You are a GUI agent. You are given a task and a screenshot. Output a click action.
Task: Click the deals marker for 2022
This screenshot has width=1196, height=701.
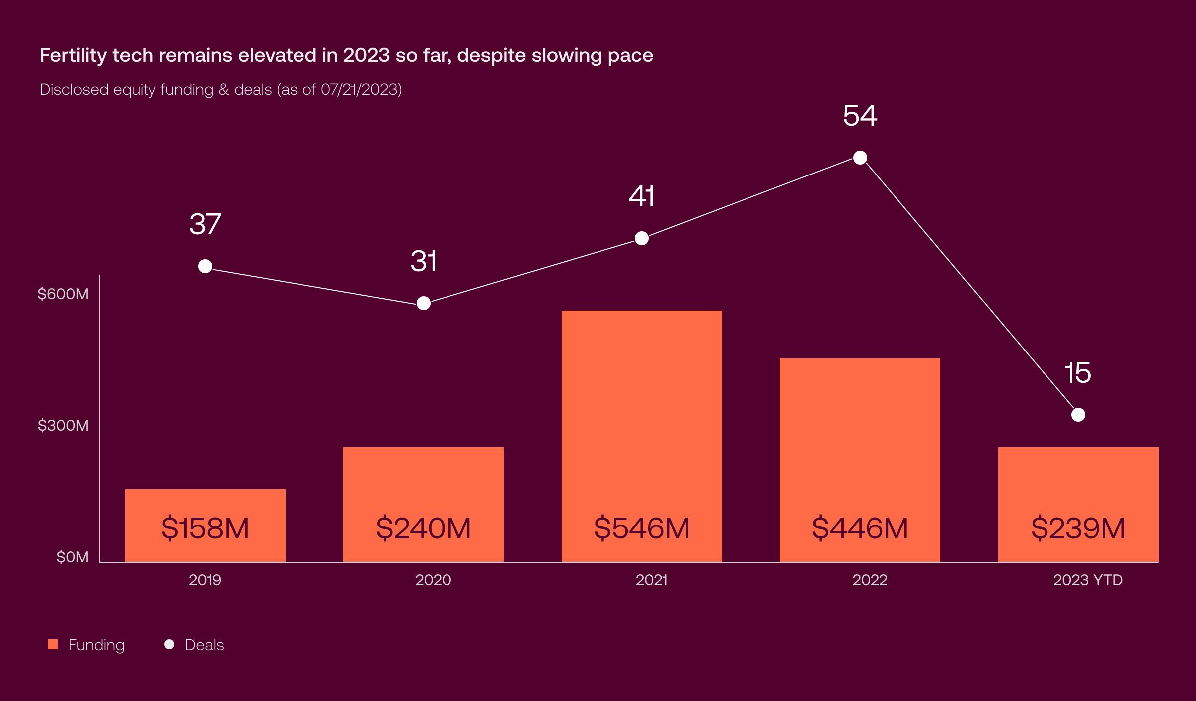click(860, 158)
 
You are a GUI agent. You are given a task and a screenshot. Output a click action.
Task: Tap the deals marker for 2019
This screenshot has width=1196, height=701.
click(205, 266)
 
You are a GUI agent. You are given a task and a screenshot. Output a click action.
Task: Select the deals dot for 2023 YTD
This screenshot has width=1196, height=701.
click(1078, 415)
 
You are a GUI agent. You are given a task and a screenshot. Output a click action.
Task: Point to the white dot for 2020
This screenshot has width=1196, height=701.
click(424, 303)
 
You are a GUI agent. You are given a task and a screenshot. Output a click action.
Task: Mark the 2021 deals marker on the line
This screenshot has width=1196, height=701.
click(642, 238)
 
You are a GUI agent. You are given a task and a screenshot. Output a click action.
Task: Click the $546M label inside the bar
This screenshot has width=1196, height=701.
click(642, 528)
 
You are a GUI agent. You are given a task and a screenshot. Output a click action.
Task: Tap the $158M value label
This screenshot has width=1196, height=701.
click(205, 528)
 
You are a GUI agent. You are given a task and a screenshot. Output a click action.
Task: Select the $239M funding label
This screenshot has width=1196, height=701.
click(1078, 528)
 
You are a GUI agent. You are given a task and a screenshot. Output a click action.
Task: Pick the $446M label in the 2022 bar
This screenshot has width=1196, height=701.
click(860, 528)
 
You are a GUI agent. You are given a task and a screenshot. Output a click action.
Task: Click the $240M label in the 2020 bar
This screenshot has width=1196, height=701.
click(424, 528)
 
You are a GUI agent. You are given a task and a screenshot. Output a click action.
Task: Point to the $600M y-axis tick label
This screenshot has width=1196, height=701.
click(63, 294)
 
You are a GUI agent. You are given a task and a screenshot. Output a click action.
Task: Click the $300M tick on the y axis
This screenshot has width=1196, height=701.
click(63, 426)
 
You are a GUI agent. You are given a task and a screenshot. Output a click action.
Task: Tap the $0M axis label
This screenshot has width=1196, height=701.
click(72, 557)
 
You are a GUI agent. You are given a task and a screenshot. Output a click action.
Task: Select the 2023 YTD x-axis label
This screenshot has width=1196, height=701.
click(1088, 580)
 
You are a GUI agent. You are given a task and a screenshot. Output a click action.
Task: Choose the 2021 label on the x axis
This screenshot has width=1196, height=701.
click(651, 580)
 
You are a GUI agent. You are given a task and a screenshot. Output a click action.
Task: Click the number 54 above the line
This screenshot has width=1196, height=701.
click(860, 116)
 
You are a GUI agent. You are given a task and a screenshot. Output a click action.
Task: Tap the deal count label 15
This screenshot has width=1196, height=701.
click(1078, 373)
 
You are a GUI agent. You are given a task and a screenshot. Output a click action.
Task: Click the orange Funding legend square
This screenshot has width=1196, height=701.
click(53, 644)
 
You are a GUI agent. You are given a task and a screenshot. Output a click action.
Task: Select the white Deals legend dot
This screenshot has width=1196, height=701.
click(169, 644)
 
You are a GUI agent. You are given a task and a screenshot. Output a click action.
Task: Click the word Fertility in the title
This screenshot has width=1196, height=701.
click(73, 55)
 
